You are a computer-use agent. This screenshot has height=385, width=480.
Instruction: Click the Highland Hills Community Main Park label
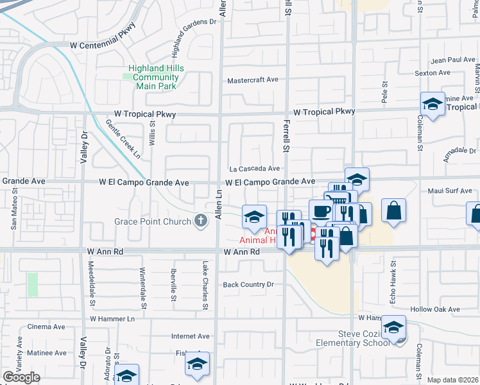(x=156, y=77)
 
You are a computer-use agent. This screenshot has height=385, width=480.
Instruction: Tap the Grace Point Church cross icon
(x=201, y=221)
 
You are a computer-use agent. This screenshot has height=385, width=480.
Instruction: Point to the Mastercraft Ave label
(x=253, y=80)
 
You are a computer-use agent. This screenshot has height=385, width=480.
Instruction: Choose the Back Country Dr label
(x=248, y=284)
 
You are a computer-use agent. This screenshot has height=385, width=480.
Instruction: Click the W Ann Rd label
(x=242, y=252)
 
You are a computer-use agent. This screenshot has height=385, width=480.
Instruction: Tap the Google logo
(x=21, y=377)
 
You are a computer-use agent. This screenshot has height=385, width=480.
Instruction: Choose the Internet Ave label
(x=190, y=336)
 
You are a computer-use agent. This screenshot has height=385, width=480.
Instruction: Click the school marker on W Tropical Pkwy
(x=433, y=104)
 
